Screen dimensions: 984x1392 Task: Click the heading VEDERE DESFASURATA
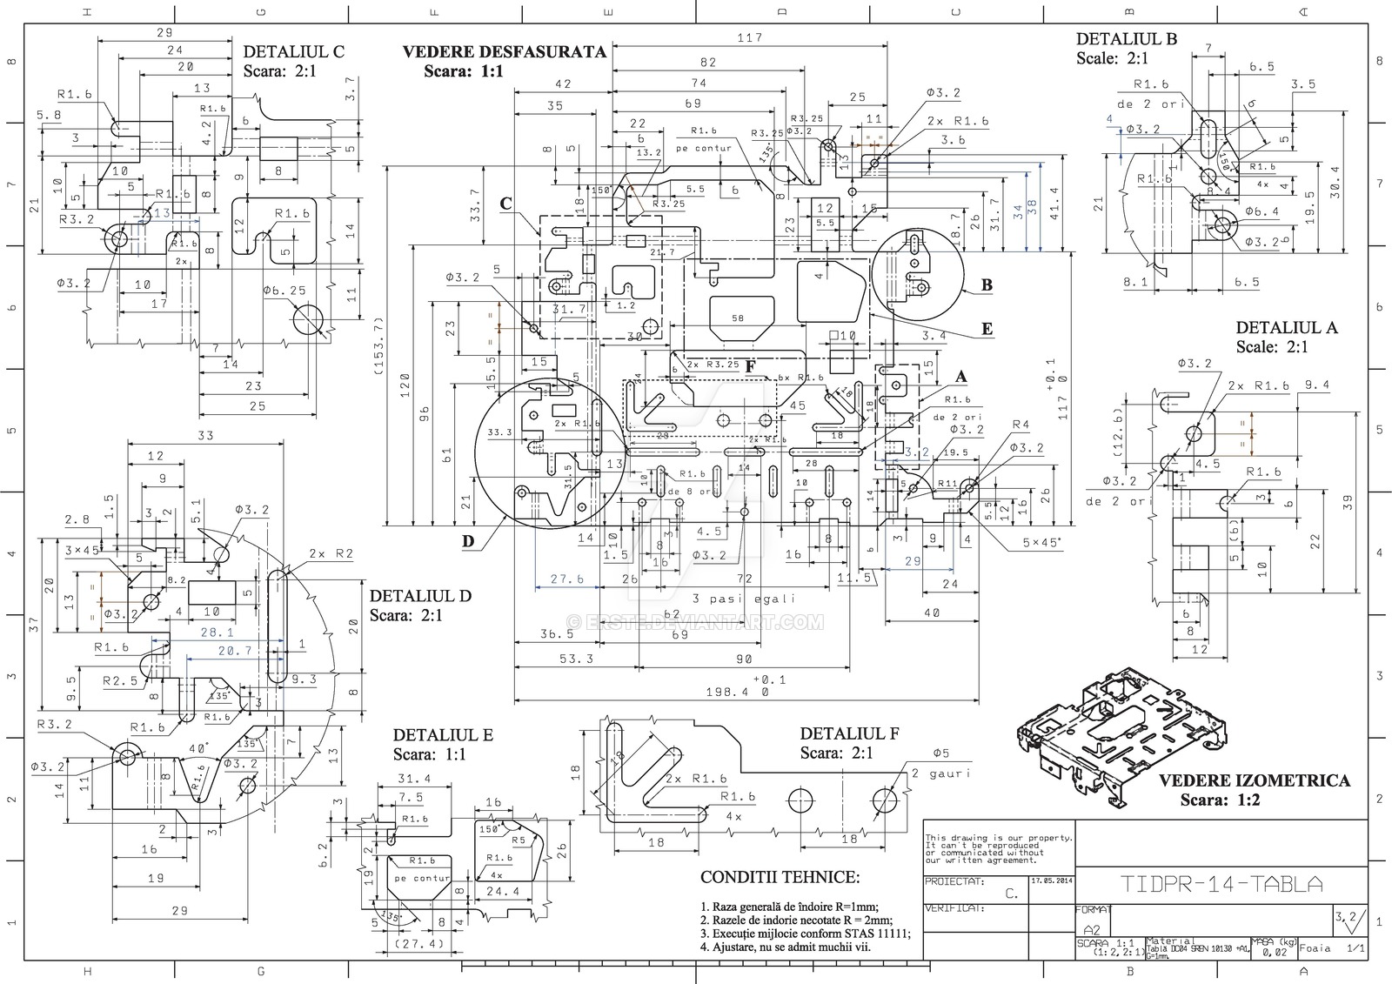point(504,51)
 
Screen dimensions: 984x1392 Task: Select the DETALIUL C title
point(293,51)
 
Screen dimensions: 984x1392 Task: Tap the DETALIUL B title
point(1126,39)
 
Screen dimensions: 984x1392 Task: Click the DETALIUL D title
point(420,596)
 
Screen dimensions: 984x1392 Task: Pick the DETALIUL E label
point(442,735)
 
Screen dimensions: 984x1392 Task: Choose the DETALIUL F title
point(849,733)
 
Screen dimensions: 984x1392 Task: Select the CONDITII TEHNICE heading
point(779,877)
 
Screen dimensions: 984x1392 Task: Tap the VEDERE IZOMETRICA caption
point(1254,780)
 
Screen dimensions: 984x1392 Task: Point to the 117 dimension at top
point(749,37)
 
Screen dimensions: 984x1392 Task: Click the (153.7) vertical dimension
point(378,345)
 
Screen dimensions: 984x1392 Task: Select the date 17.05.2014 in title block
point(1051,880)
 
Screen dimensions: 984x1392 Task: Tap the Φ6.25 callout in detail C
point(285,291)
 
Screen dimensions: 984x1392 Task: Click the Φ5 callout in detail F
point(940,753)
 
